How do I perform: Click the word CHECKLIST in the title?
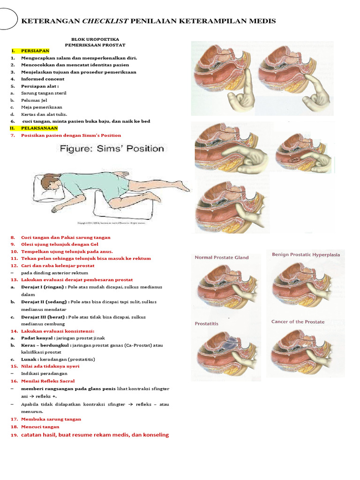(105, 21)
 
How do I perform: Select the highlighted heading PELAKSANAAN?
(39, 128)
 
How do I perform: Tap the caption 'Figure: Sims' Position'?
(111, 149)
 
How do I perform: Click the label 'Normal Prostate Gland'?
(222, 257)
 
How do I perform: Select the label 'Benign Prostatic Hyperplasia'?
(306, 255)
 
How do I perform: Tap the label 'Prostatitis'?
(207, 323)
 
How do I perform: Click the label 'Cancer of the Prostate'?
(298, 322)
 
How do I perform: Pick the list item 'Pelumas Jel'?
(34, 100)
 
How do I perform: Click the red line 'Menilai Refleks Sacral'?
(48, 381)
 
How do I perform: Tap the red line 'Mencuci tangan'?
(40, 427)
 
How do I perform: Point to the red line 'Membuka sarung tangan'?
(51, 419)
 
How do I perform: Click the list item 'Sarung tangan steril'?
(44, 93)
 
